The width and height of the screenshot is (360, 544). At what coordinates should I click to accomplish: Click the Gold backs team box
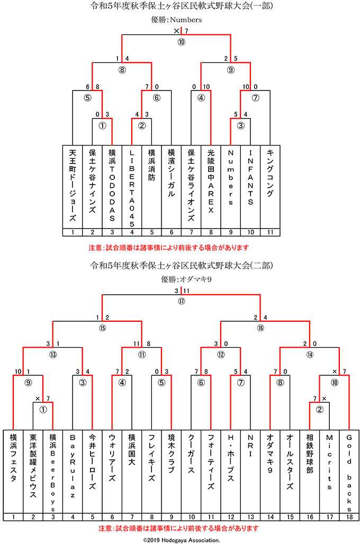(349, 471)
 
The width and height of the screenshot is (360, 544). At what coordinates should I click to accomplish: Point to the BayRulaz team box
(73, 471)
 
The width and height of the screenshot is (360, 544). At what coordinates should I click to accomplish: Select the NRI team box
(250, 471)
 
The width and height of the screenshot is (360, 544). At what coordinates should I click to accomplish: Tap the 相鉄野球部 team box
(310, 471)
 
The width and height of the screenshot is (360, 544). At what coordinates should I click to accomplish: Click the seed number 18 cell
(349, 517)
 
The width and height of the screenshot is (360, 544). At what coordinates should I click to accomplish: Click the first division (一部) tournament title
(181, 6)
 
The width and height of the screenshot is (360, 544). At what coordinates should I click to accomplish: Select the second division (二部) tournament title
(181, 265)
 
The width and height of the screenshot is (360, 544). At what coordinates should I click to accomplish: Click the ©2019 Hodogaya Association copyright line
(181, 540)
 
